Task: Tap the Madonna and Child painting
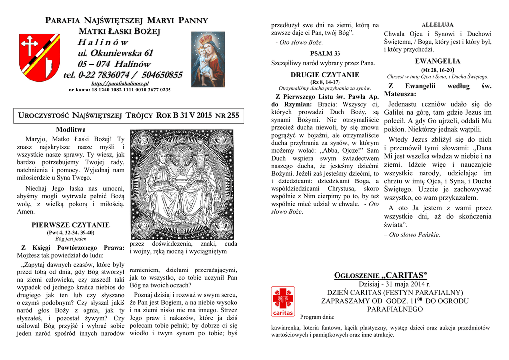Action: click(208, 59)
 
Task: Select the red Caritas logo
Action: click(283, 302)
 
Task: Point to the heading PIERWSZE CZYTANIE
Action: click(71, 225)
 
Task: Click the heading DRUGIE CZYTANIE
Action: click(325, 75)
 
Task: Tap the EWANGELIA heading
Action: click(437, 61)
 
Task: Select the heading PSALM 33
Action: click(325, 53)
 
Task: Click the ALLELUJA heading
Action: click(437, 25)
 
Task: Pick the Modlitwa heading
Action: click(71, 130)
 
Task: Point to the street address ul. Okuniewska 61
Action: click(115, 53)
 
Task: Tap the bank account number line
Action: click(119, 90)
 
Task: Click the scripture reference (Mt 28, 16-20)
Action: click(438, 70)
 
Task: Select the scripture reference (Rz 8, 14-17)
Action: click(325, 82)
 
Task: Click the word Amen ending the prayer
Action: click(26, 211)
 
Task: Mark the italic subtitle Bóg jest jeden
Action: click(71, 239)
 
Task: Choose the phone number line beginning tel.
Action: click(123, 75)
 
